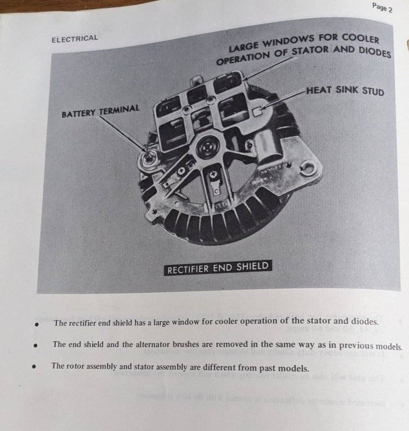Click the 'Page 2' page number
382,7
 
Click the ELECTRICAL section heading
74,39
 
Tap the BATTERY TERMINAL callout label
101,111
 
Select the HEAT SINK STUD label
345,90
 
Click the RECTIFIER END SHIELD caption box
218,268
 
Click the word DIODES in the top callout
375,52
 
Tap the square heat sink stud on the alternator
257,111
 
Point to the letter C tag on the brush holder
217,190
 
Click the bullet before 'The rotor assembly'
34,366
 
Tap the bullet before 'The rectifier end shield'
37,324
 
